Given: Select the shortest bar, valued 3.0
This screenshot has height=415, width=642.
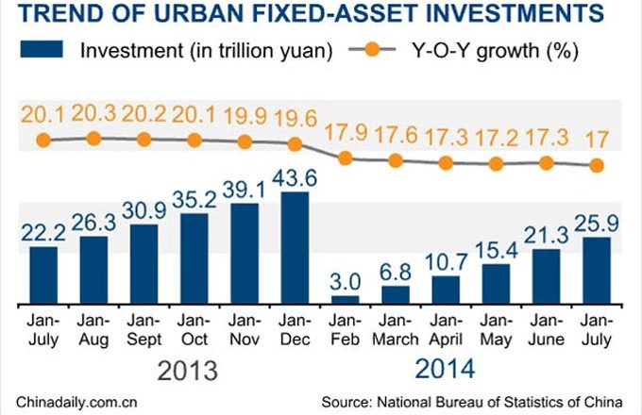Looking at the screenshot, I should point(346,299).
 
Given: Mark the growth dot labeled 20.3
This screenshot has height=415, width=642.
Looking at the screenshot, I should point(93,138).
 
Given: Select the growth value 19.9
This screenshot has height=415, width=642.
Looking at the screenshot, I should point(245,117).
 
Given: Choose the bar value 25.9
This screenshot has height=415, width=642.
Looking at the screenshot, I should point(597,224).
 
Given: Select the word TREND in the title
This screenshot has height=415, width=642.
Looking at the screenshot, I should point(49,14).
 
